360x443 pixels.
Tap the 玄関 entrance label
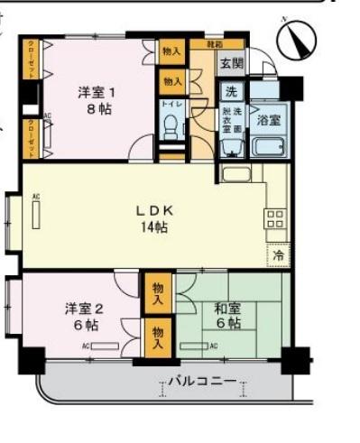click(231, 62)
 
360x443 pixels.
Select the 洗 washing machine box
click(231, 90)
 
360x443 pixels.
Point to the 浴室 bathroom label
click(267, 119)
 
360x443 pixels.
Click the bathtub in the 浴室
click(269, 147)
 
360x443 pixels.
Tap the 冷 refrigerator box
click(278, 255)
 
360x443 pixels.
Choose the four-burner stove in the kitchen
click(275, 218)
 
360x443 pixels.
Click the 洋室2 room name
click(81, 308)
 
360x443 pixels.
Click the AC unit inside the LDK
click(37, 217)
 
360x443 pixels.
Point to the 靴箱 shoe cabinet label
click(212, 43)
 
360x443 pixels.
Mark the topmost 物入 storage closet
click(171, 53)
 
